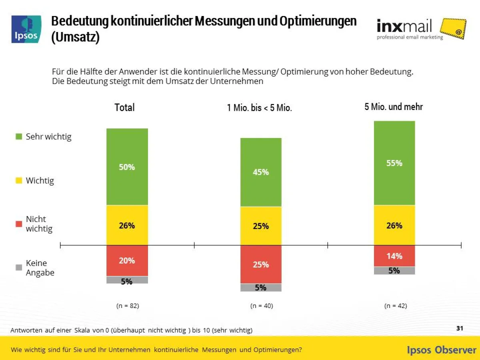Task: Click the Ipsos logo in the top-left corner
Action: pos(26,29)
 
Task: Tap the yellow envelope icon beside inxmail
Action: pos(453,29)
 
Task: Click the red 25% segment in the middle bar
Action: pos(261,264)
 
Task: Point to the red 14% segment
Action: pos(394,256)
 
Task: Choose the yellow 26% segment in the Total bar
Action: pos(127,225)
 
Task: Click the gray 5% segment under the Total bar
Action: pos(127,280)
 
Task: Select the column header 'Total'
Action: pos(124,107)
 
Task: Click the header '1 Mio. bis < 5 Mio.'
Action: pos(260,108)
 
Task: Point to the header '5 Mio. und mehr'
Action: pos(394,107)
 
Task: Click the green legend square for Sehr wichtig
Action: pos(18,137)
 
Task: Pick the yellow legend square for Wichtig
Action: pos(18,181)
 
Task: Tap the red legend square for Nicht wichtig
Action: pos(18,224)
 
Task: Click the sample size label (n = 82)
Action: pos(128,306)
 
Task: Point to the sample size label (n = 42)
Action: pos(395,306)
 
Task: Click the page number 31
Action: pos(460,328)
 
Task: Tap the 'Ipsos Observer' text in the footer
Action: pos(441,350)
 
